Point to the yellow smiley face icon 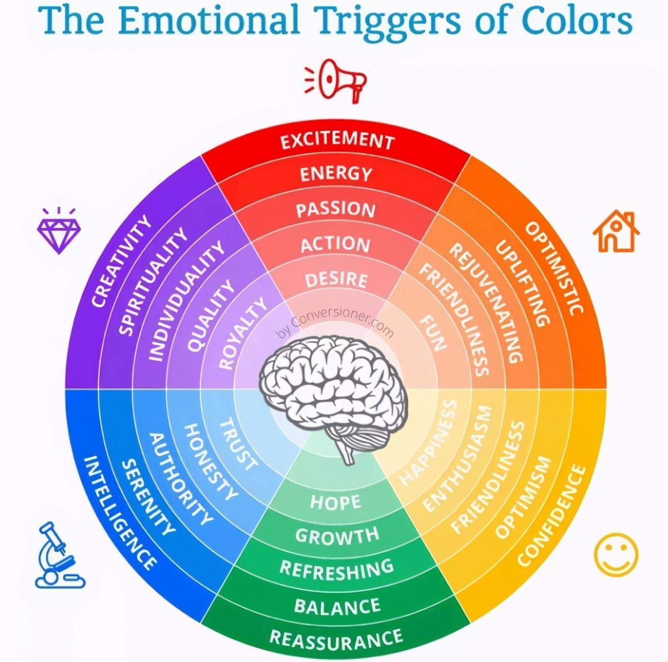point(616,555)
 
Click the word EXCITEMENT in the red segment point(337,141)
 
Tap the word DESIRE point(336,280)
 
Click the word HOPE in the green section point(335,502)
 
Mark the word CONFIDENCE point(552,515)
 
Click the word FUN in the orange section point(432,332)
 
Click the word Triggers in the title point(387,20)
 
